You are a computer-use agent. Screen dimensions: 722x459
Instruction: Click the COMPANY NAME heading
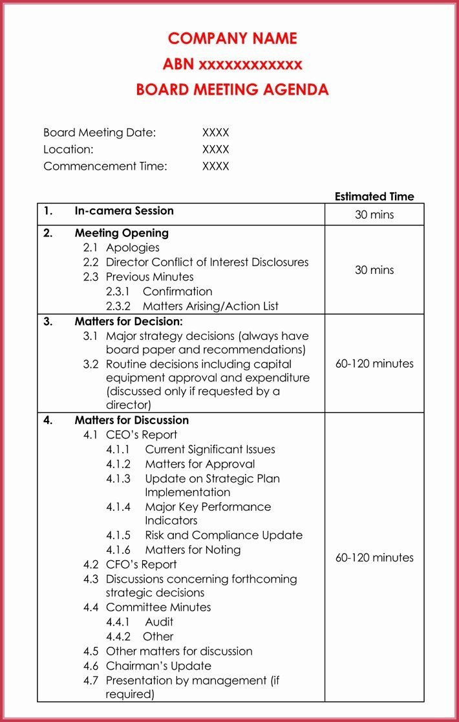(x=232, y=39)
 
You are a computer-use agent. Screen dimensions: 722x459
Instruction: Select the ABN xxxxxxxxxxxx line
(x=232, y=64)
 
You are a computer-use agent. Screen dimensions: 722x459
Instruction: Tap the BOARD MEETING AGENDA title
(x=232, y=90)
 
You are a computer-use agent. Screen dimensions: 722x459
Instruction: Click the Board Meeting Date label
(x=100, y=133)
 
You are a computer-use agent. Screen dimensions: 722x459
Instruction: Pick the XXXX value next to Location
(x=215, y=150)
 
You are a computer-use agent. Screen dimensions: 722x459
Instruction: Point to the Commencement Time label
(x=105, y=166)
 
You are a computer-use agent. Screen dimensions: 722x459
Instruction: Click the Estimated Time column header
(x=374, y=197)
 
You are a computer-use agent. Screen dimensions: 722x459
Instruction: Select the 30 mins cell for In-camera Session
(x=374, y=214)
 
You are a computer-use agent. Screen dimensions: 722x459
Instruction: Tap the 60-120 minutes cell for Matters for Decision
(x=374, y=364)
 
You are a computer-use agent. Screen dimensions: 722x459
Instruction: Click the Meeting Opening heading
(x=122, y=233)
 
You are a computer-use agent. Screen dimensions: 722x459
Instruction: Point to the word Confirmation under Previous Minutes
(x=177, y=292)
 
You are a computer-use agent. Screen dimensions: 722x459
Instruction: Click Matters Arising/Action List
(x=211, y=306)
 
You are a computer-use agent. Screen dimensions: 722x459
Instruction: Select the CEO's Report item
(x=142, y=435)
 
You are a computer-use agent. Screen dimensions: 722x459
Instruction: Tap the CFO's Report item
(x=141, y=565)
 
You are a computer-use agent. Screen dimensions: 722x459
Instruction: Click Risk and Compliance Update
(x=224, y=536)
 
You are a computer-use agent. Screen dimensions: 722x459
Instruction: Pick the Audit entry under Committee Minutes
(x=159, y=622)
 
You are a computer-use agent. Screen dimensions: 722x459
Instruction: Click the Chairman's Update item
(x=158, y=666)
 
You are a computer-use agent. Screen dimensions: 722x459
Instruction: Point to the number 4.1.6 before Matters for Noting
(x=118, y=550)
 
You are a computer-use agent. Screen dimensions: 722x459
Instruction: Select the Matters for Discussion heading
(x=132, y=420)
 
